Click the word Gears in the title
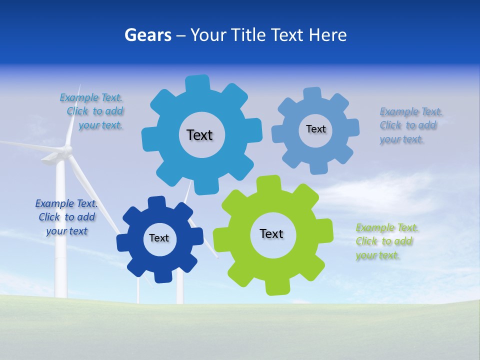point(148,35)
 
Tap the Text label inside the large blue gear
point(199,135)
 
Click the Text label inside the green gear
point(271,234)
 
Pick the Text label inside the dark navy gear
point(159,238)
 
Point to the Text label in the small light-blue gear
point(315,129)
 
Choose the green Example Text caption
point(386,241)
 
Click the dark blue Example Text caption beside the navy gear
point(66,217)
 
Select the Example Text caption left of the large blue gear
point(93,111)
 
